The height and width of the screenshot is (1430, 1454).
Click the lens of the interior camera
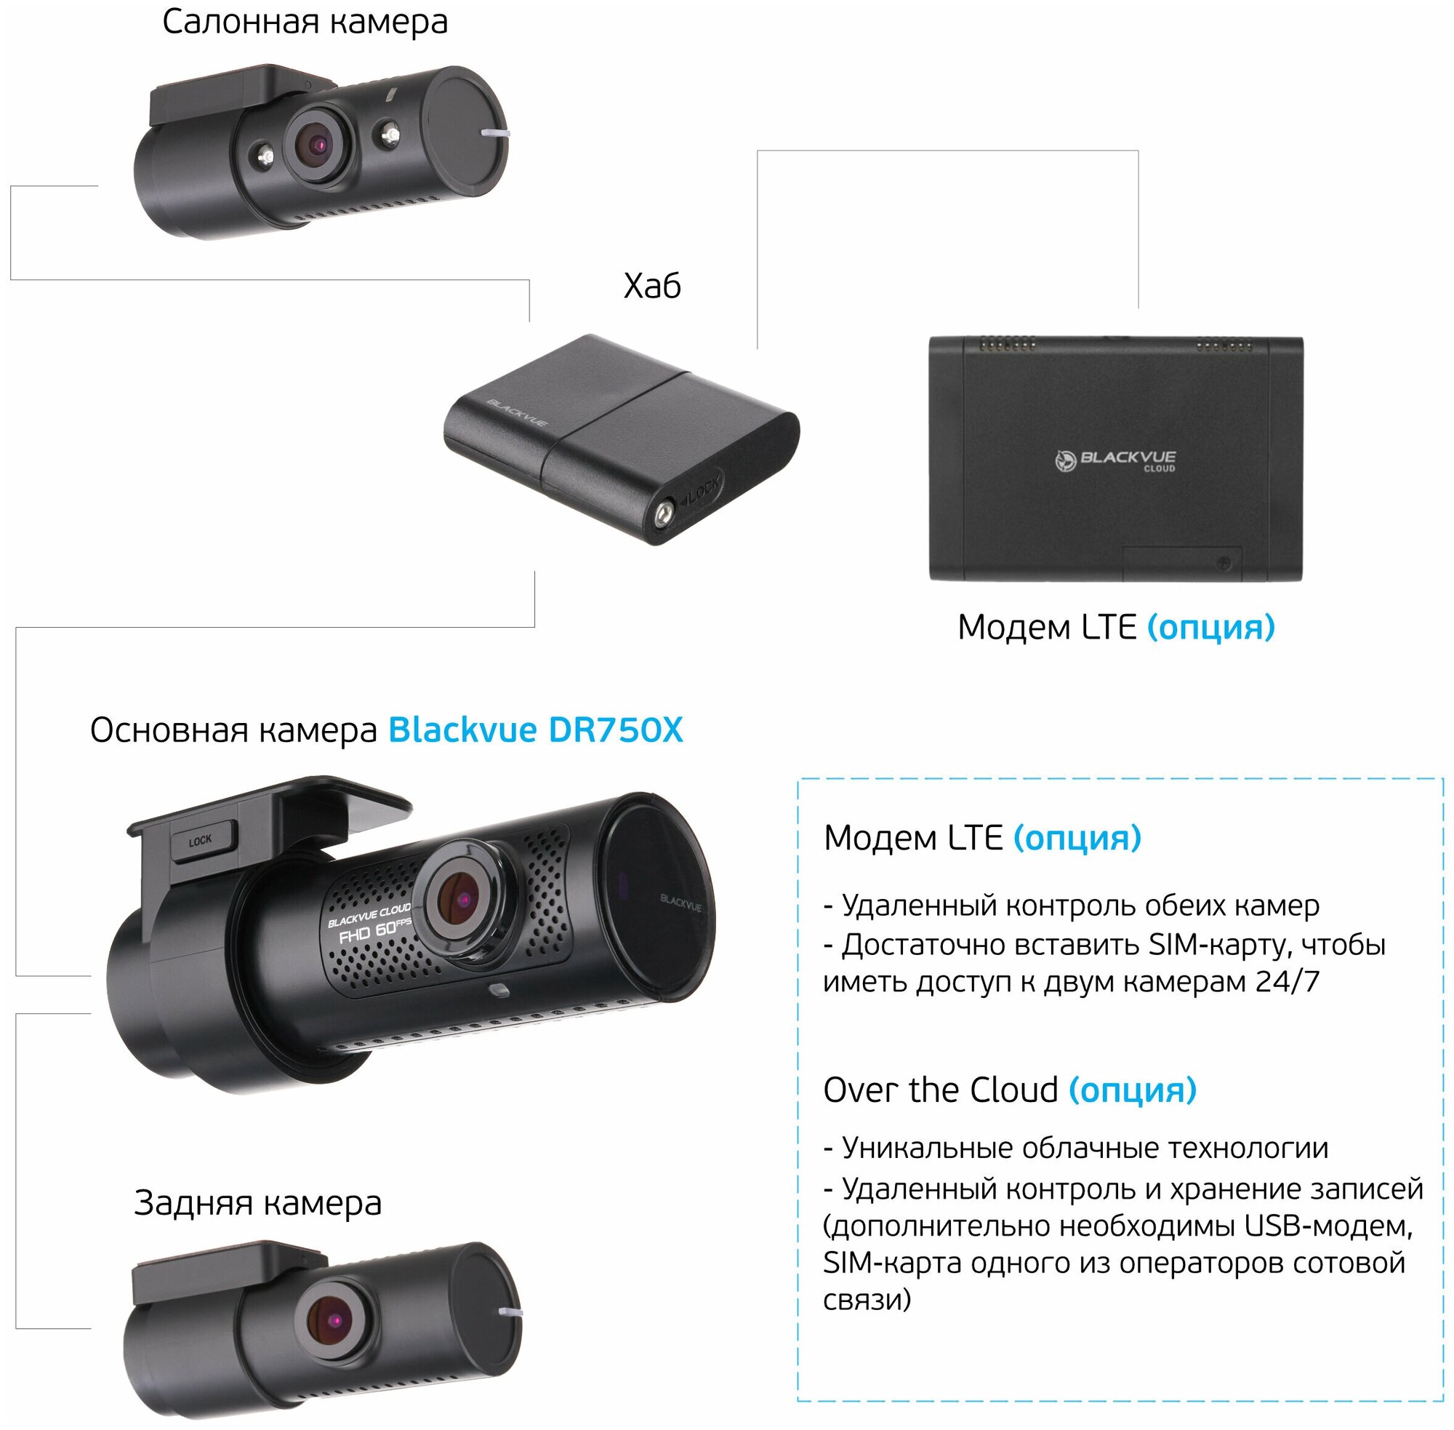click(318, 144)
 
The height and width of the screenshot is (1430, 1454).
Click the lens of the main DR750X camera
click(462, 898)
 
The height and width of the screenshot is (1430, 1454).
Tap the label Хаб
click(651, 286)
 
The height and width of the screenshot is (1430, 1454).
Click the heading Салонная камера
click(305, 22)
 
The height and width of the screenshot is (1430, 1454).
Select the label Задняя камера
click(257, 1202)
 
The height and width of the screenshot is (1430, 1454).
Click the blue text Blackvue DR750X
click(535, 730)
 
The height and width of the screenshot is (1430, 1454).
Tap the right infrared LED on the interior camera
click(390, 135)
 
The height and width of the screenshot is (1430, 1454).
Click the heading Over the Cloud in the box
click(941, 1090)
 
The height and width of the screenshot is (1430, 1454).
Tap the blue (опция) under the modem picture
click(1210, 626)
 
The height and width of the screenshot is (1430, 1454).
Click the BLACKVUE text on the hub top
click(517, 413)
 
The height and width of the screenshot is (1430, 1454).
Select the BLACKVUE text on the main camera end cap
click(680, 901)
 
